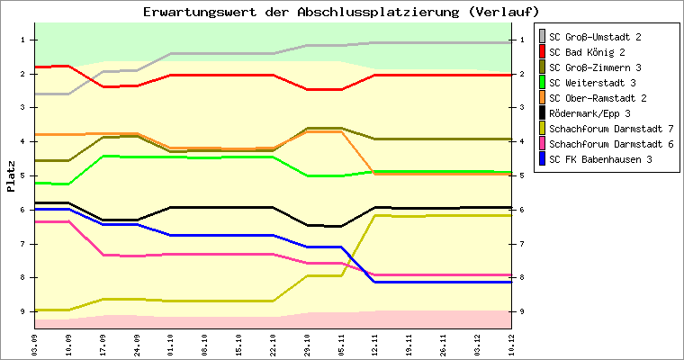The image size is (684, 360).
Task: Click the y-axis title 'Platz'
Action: click(x=11, y=175)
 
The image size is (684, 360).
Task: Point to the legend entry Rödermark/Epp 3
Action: click(x=589, y=113)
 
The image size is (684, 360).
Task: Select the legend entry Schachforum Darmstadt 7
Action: click(x=611, y=129)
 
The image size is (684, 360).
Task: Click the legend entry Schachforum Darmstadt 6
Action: click(x=611, y=144)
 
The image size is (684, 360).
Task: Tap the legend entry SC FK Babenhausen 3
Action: click(x=600, y=159)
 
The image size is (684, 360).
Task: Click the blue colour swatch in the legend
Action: click(x=542, y=159)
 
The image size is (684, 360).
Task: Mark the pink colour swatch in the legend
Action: click(x=542, y=144)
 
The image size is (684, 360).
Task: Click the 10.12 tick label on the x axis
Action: click(x=511, y=343)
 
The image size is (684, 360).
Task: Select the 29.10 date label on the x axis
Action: click(x=307, y=343)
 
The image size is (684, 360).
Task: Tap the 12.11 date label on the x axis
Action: click(x=375, y=343)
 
